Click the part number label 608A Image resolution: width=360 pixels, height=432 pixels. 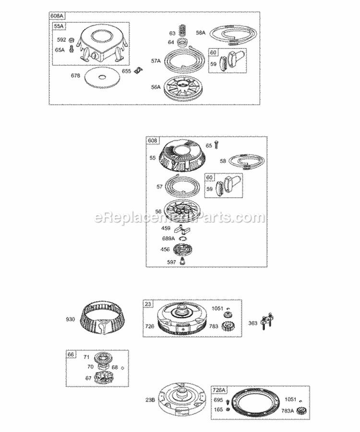(56, 16)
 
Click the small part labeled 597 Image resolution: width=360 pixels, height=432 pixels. (182, 261)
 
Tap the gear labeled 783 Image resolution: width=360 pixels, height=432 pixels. (228, 327)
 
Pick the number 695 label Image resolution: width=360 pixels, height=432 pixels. (218, 399)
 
